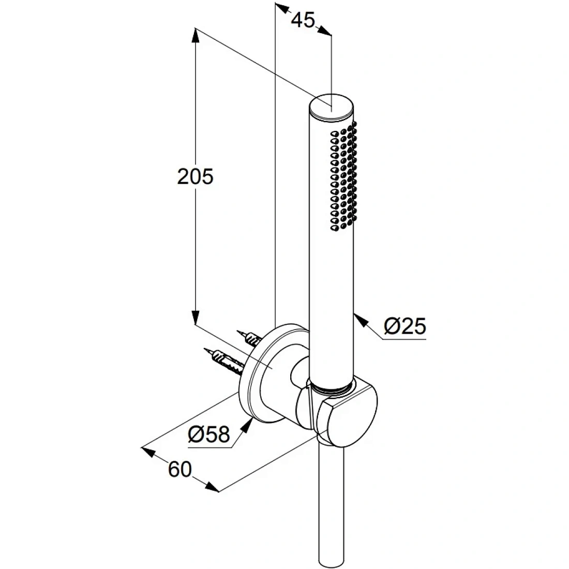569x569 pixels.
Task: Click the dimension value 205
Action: point(195,177)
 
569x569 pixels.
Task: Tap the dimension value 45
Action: point(303,20)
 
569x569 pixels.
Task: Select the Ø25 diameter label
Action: point(405,325)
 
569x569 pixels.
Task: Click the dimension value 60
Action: point(179,469)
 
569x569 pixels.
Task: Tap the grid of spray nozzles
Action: point(343,177)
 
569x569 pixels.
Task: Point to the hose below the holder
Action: point(330,504)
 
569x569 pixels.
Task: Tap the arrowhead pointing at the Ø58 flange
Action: point(247,425)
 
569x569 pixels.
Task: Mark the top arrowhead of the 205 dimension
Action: point(196,36)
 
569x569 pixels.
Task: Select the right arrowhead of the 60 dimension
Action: point(212,487)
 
